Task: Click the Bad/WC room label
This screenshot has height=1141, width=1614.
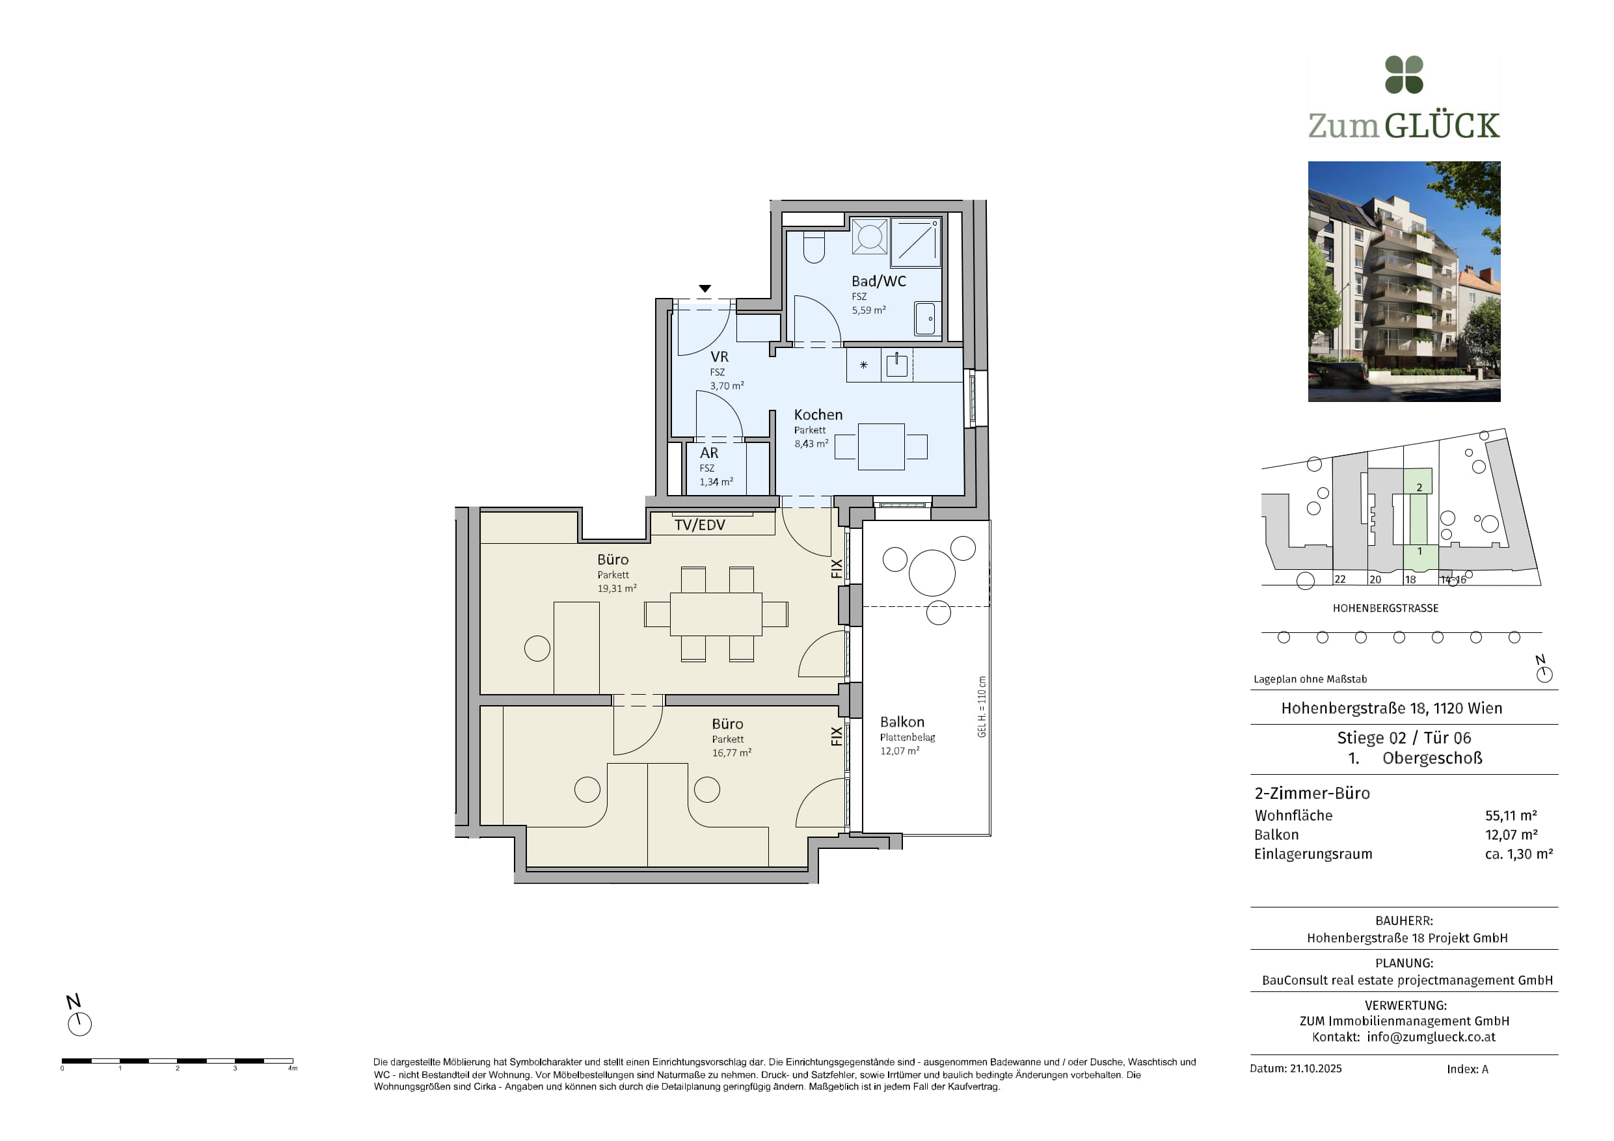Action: coord(878,281)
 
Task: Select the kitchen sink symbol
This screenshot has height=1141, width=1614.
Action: coord(897,366)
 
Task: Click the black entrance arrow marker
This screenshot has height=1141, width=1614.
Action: coord(705,288)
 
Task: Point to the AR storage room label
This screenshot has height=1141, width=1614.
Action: coord(708,453)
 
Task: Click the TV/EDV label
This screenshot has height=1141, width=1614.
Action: coord(699,524)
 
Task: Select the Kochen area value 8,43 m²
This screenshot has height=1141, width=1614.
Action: coord(811,444)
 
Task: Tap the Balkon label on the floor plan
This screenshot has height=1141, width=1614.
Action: coord(902,722)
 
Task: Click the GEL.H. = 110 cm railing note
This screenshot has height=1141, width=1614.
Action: coord(982,706)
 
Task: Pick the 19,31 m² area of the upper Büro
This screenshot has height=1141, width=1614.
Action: coord(617,589)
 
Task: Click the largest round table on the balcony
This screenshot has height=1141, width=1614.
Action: coord(932,573)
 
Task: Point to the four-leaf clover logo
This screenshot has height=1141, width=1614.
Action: coord(1404,75)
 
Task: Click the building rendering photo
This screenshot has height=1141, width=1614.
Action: coord(1404,281)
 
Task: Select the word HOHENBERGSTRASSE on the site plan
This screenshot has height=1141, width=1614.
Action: coord(1386,608)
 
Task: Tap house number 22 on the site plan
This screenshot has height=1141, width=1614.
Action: coord(1340,580)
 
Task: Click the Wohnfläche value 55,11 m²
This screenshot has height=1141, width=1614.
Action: coord(1511,816)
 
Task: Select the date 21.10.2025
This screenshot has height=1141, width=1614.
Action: coord(1315,1069)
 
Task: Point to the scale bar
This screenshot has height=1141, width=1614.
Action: coord(177,1060)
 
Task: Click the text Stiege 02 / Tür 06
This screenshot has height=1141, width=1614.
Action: coord(1404,738)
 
